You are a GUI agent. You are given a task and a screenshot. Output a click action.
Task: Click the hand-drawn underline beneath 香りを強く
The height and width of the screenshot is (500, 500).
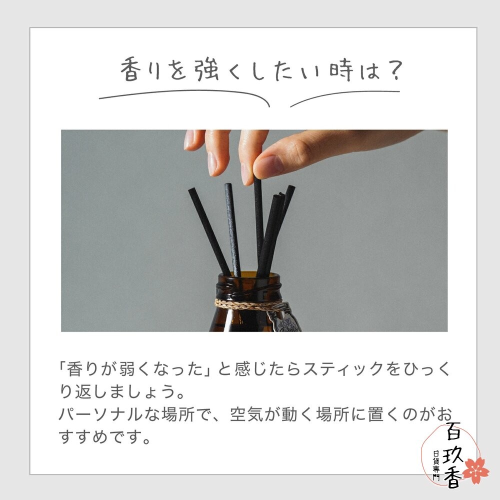pos(185,95)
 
